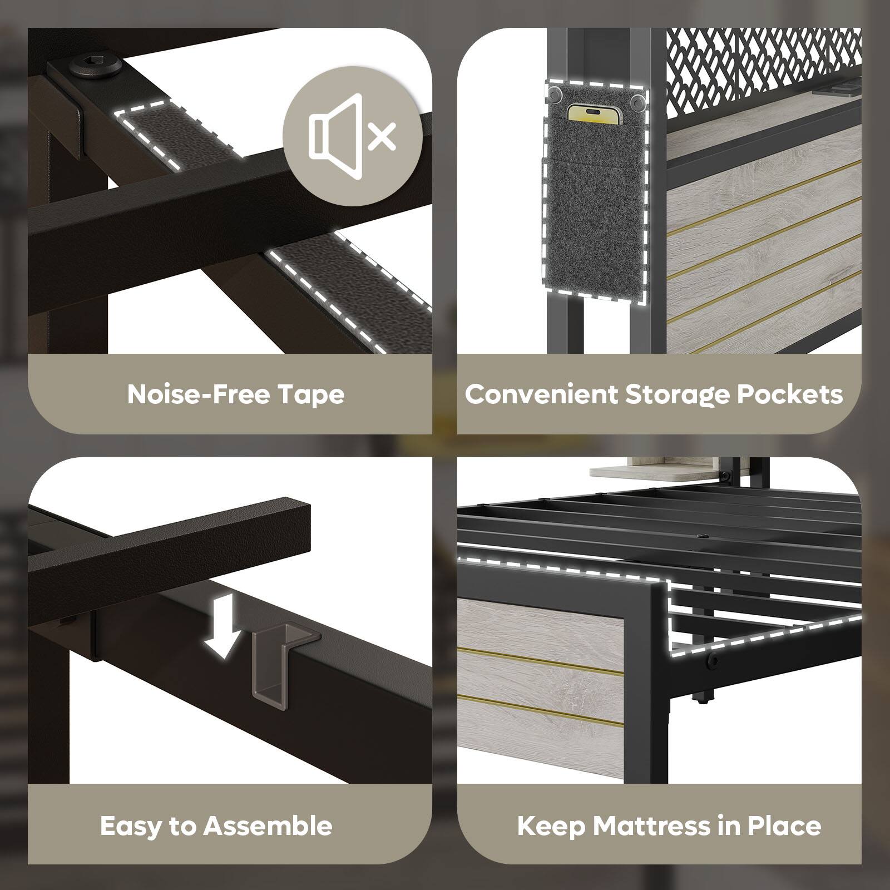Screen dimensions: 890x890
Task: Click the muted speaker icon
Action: (353, 132)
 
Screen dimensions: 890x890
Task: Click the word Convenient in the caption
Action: (542, 394)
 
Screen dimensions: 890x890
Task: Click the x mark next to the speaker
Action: (382, 136)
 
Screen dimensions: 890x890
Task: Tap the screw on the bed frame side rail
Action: (711, 660)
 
